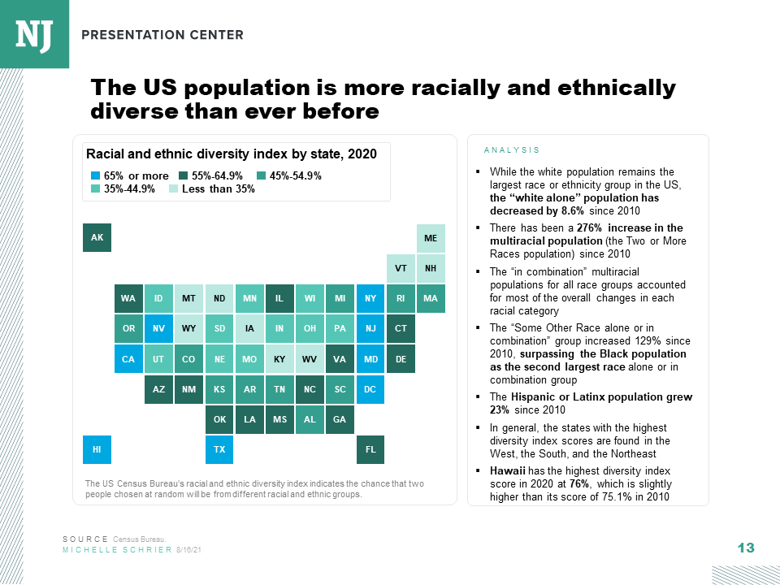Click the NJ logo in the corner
34,34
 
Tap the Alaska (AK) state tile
97,237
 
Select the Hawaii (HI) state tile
97,448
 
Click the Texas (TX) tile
219,448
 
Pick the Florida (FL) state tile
370,448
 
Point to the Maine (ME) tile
431,237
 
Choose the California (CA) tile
128,358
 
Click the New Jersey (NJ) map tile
370,328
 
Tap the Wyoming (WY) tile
188,328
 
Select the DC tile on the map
370,389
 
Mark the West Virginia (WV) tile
310,358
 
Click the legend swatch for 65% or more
95,176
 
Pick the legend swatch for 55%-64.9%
184,176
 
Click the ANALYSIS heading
511,150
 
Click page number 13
746,548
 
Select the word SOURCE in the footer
85,539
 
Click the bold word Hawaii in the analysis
507,470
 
